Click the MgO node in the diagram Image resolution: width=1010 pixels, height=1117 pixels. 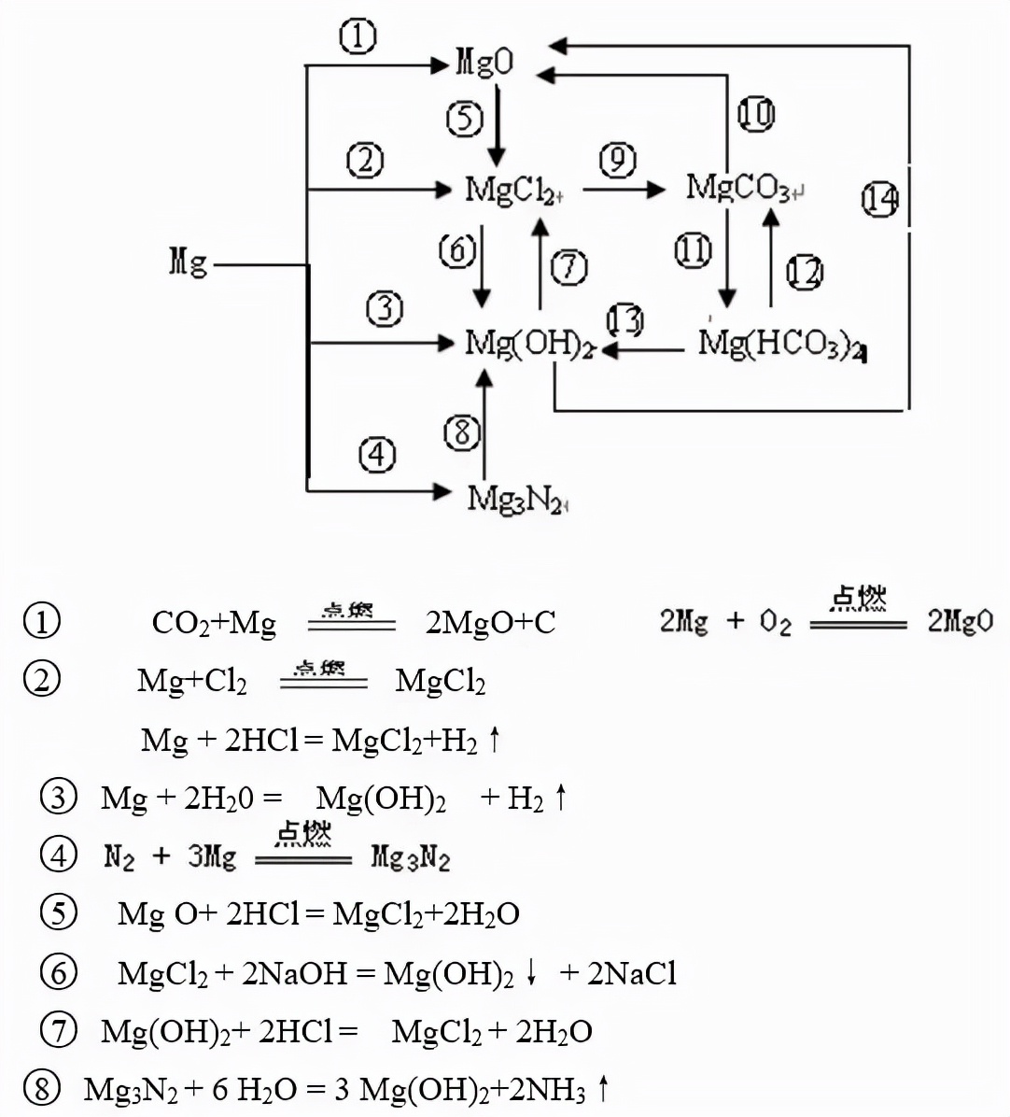(x=484, y=63)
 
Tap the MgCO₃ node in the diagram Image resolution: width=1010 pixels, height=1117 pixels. (x=740, y=188)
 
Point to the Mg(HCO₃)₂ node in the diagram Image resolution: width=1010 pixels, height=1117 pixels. (x=780, y=346)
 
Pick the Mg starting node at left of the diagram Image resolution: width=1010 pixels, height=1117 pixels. (x=188, y=262)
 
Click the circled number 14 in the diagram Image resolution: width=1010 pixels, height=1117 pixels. (x=879, y=199)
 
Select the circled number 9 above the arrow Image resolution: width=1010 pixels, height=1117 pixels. (x=617, y=161)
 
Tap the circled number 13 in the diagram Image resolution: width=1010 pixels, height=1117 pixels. (x=625, y=320)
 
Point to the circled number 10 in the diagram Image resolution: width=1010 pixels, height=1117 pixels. (x=756, y=114)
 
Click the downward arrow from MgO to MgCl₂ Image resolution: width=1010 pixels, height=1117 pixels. (x=497, y=125)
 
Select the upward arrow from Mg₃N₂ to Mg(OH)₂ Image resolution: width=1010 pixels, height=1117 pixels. (x=484, y=425)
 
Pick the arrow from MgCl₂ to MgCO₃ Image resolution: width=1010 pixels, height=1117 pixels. (x=624, y=190)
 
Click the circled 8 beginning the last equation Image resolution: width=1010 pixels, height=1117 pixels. (x=42, y=1088)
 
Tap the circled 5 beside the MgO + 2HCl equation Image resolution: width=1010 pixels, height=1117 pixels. (x=59, y=912)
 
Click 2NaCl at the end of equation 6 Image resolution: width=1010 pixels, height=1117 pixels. (x=631, y=973)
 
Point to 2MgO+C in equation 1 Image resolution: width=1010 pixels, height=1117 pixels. (x=490, y=622)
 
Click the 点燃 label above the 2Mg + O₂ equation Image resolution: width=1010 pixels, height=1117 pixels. (x=859, y=598)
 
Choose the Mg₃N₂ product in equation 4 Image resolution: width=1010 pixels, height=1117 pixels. (x=410, y=856)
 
